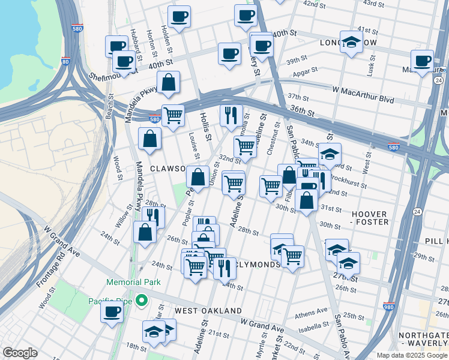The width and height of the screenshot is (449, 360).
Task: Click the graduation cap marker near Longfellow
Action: pyautogui.click(x=352, y=43)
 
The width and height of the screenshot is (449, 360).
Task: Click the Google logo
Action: pyautogui.click(x=20, y=353)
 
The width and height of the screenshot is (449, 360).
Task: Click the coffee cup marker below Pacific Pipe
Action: pyautogui.click(x=112, y=312)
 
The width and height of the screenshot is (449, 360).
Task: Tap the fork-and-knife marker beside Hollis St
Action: pyautogui.click(x=231, y=115)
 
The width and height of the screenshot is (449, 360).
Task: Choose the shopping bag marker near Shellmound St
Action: pyautogui.click(x=169, y=83)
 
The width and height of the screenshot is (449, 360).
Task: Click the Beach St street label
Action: pyautogui.click(x=109, y=108)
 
